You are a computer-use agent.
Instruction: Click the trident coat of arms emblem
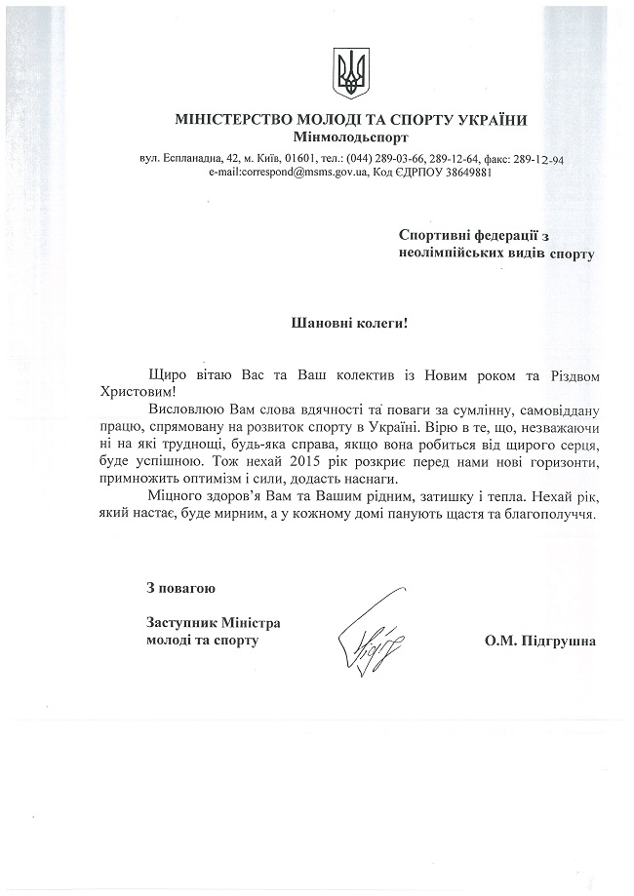click(x=349, y=74)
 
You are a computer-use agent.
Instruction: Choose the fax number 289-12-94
click(x=549, y=158)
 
